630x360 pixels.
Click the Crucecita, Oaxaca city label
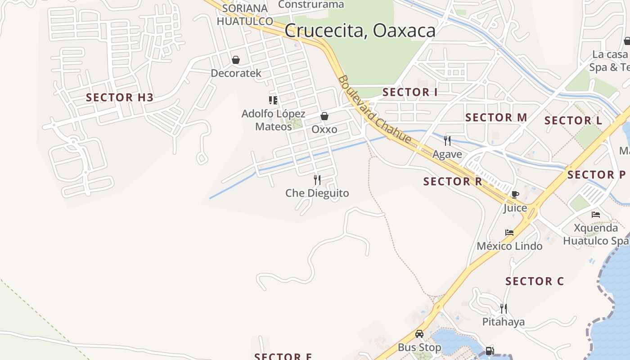(x=360, y=31)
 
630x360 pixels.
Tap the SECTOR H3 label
(x=120, y=97)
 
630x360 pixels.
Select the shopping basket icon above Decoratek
(x=235, y=60)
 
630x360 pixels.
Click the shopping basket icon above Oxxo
(x=324, y=117)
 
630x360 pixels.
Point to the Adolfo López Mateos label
(x=274, y=120)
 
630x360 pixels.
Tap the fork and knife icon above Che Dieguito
(x=317, y=180)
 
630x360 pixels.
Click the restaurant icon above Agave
(x=447, y=141)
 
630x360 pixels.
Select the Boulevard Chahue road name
(x=374, y=110)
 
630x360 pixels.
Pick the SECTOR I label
(x=410, y=92)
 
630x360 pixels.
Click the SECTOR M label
(x=496, y=117)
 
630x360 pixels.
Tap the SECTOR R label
(x=453, y=181)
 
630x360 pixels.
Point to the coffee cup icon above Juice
(x=515, y=194)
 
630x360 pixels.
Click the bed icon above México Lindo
(x=509, y=233)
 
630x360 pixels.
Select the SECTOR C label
(x=535, y=281)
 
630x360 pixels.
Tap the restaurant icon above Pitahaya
(x=504, y=309)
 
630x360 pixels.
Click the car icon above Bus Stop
(x=419, y=334)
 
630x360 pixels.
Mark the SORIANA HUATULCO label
(x=245, y=14)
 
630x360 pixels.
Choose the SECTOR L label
(x=573, y=121)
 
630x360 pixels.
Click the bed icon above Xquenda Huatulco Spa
(x=596, y=215)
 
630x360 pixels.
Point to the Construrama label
(x=311, y=4)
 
